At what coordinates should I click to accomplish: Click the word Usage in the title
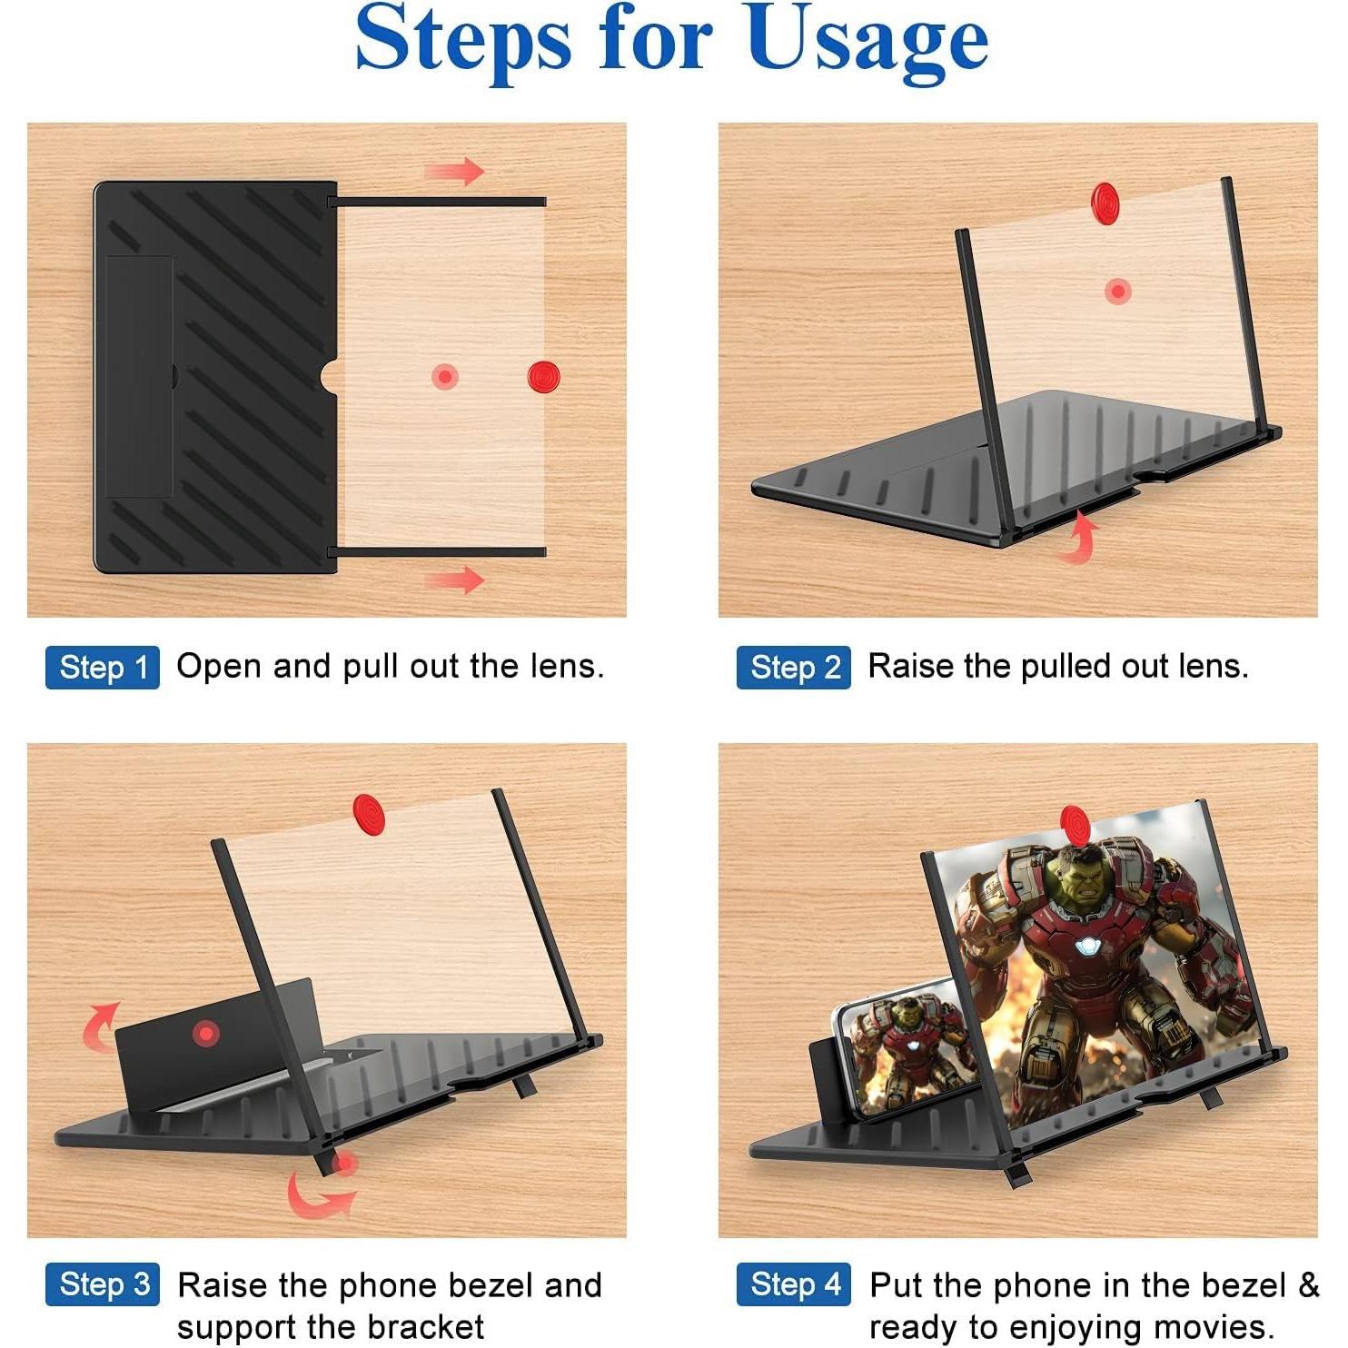[867, 41]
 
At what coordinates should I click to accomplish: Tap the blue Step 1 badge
[103, 668]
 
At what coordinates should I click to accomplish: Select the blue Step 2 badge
[794, 668]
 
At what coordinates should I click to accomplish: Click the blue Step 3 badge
[103, 1284]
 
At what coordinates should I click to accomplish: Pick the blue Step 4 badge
[794, 1284]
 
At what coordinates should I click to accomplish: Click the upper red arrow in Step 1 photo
[455, 171]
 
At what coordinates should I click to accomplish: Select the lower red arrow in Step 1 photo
[455, 580]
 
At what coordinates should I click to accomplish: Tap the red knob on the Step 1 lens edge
[543, 375]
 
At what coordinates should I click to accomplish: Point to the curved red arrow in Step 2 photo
[1080, 537]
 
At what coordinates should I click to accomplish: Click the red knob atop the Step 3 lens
[369, 813]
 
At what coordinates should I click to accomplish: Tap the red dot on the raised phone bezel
[207, 1033]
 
